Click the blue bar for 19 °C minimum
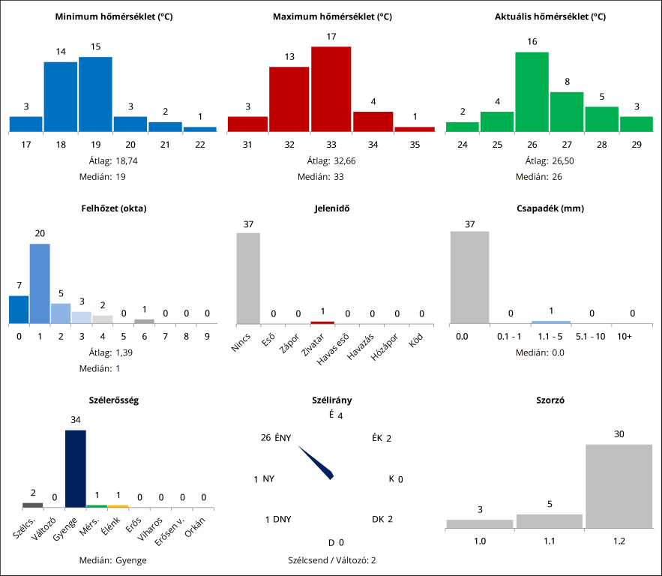click(95, 94)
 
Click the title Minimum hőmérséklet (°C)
click(114, 16)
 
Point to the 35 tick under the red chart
click(415, 145)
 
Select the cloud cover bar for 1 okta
click(40, 283)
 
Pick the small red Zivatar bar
click(322, 322)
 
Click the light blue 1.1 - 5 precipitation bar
click(551, 322)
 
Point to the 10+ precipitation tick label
click(625, 337)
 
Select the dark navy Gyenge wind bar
click(76, 469)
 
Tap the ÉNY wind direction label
click(283, 438)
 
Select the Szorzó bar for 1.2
click(619, 486)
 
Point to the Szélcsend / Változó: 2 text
click(332, 560)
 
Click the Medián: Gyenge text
click(114, 560)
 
